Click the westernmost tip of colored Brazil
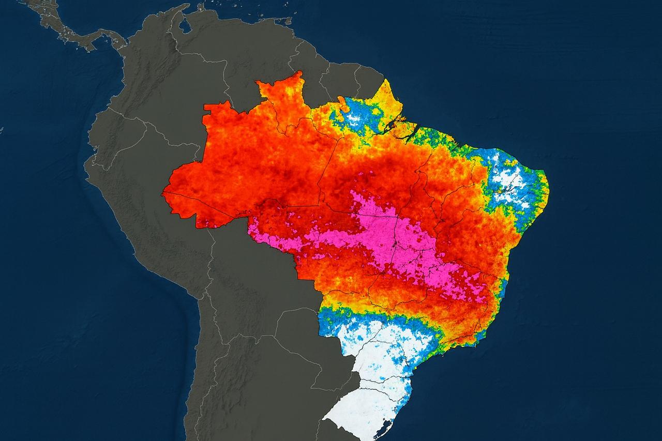163,194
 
